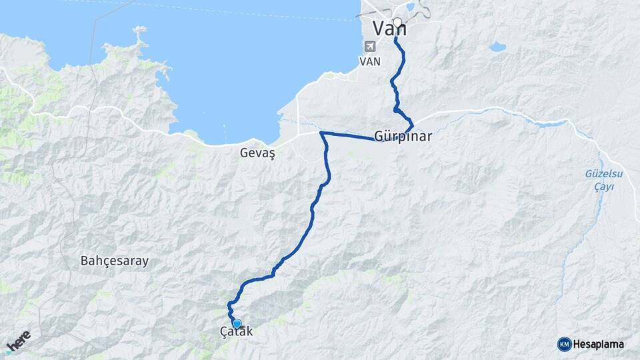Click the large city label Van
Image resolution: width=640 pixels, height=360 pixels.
click(x=389, y=29)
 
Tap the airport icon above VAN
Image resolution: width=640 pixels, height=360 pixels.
click(x=370, y=47)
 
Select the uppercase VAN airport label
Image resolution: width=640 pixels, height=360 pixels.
click(x=369, y=61)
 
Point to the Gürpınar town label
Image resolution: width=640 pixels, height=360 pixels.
click(x=403, y=136)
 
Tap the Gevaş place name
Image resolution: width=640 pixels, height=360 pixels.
click(x=258, y=153)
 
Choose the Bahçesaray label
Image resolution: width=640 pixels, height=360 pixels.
click(x=114, y=261)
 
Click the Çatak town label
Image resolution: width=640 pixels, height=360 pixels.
click(x=236, y=331)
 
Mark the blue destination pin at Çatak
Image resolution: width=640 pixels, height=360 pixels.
click(x=237, y=324)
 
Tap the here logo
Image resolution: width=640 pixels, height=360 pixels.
click(x=19, y=341)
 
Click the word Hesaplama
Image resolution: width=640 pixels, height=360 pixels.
click(x=599, y=344)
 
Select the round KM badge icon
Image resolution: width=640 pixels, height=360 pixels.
click(x=564, y=344)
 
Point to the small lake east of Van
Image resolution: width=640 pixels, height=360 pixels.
click(x=497, y=47)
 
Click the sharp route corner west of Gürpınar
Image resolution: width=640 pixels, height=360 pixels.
click(x=322, y=133)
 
